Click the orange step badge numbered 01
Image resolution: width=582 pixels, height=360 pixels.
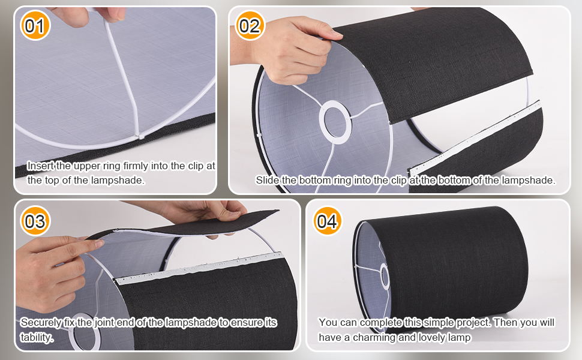click(35, 26)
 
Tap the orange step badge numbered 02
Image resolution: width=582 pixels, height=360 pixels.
click(250, 26)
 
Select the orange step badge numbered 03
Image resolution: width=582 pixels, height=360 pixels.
click(35, 221)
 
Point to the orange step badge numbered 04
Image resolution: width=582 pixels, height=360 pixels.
click(327, 221)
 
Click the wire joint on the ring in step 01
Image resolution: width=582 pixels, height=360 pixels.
click(139, 136)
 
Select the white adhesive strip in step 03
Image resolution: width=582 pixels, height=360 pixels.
click(199, 269)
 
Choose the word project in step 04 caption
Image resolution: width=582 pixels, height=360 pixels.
click(472, 323)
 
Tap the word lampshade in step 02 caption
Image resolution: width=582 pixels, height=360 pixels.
click(529, 180)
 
